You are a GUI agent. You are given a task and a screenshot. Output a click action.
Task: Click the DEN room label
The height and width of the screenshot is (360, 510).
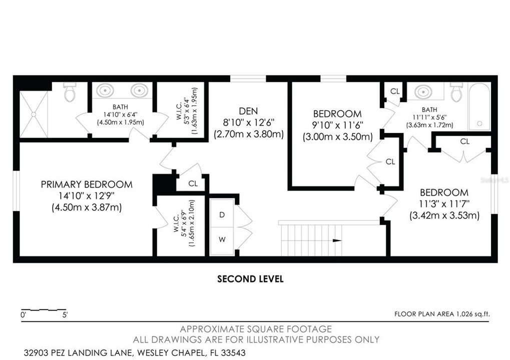click(248, 111)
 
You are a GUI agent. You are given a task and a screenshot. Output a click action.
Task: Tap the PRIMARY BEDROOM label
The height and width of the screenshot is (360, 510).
click(87, 184)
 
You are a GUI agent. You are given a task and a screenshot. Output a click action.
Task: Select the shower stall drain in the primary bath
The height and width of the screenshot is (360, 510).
click(34, 113)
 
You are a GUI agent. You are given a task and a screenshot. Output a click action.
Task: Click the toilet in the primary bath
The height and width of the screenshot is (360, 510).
click(69, 91)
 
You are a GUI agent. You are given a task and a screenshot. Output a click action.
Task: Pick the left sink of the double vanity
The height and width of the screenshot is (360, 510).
click(105, 89)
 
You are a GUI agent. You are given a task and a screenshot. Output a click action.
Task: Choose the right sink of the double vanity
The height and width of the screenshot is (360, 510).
click(139, 89)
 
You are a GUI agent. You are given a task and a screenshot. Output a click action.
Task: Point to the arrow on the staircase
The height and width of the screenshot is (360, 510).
click(337, 241)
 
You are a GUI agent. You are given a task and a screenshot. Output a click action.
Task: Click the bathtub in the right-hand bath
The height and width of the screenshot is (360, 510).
click(479, 106)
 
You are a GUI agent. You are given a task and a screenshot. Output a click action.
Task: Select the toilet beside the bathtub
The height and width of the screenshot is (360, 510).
click(456, 91)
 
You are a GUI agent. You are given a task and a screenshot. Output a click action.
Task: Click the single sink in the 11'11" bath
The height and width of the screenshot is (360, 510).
click(423, 91)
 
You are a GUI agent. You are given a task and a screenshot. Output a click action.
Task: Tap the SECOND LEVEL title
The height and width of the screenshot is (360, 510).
click(250, 279)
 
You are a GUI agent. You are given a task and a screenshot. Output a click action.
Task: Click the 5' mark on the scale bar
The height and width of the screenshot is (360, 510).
click(65, 315)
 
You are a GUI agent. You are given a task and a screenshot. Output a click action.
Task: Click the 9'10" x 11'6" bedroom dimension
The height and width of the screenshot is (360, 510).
click(338, 125)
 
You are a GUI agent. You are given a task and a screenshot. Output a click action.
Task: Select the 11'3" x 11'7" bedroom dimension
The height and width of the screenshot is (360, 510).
click(444, 204)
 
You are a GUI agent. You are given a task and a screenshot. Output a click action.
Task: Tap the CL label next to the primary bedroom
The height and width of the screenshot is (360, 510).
click(193, 183)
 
